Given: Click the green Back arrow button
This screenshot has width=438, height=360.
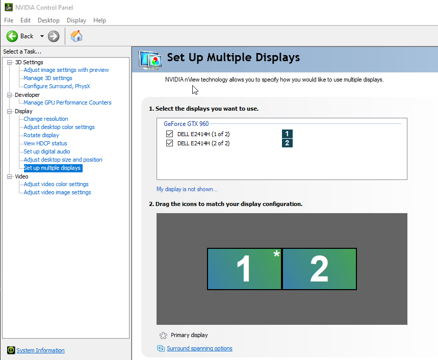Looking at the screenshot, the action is (12, 36).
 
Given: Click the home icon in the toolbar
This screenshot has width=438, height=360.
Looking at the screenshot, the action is (76, 36).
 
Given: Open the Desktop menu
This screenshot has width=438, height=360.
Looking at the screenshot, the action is (48, 20).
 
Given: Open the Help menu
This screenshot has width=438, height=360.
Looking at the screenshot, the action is (99, 20).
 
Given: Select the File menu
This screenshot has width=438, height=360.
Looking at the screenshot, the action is (9, 20).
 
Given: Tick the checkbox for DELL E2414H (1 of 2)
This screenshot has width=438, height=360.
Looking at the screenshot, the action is (169, 134).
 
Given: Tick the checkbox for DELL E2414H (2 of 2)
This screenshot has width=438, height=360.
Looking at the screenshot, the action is (169, 143).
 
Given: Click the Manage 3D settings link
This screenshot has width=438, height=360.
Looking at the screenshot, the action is (48, 78).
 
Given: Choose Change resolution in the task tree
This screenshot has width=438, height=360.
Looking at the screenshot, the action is (46, 119).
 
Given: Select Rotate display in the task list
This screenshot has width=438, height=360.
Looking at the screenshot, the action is (41, 135).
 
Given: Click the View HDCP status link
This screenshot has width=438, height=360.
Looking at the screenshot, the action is (45, 143).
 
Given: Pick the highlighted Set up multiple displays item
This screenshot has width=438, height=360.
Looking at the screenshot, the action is (53, 168).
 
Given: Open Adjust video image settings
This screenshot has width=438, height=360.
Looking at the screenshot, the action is (57, 192).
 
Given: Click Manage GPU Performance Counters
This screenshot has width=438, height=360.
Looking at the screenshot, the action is (67, 103).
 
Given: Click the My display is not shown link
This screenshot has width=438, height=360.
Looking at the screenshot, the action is (187, 189).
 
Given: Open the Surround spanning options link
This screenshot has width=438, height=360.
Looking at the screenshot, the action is (199, 349).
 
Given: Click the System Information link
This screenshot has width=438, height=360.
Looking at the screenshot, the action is (40, 350).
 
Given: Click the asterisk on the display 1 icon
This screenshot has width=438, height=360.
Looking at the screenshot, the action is (276, 253).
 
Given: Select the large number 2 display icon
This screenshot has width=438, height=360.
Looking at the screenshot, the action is (320, 269).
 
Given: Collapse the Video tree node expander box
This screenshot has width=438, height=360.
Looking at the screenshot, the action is (10, 176).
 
